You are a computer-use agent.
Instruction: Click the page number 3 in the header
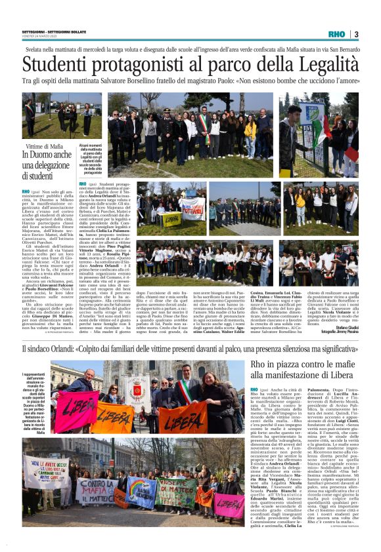click(x=355, y=34)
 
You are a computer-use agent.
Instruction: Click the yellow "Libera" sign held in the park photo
click(x=171, y=219)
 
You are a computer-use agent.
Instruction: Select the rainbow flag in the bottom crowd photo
click(x=141, y=488)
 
